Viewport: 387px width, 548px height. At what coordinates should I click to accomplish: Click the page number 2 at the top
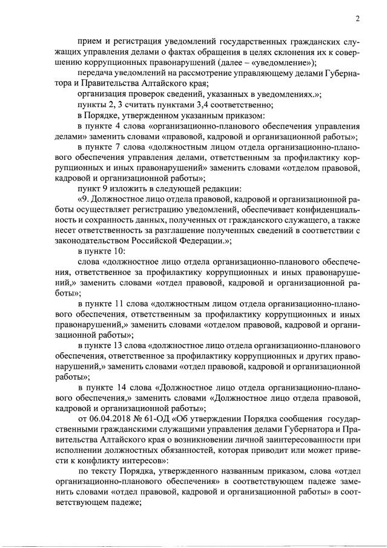click(358, 18)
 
